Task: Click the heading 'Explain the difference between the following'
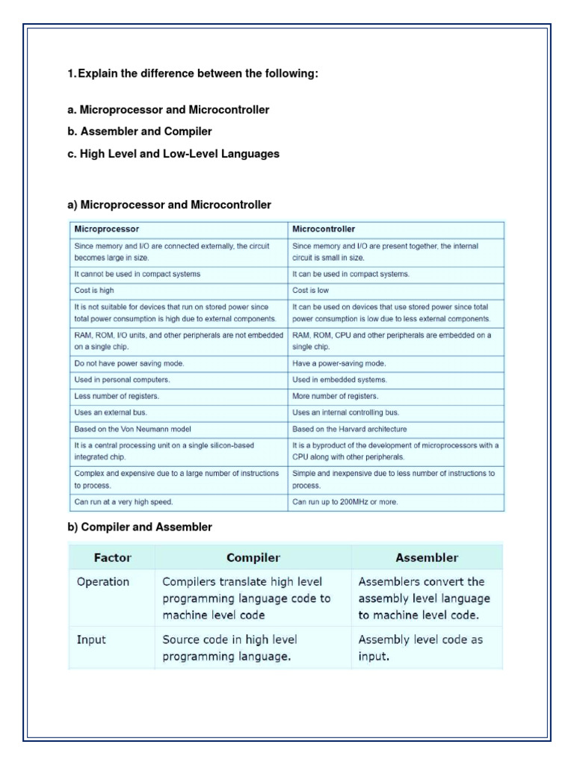pos(198,73)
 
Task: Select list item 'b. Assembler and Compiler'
pos(140,131)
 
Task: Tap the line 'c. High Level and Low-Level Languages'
pos(173,154)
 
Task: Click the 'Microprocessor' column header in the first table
pos(106,229)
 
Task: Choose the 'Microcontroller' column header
pos(324,229)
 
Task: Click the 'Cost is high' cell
pos(94,290)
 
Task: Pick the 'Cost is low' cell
pos(310,290)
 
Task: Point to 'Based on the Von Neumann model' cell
pos(132,429)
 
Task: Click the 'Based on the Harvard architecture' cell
pos(350,429)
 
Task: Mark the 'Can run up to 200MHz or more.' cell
pos(345,502)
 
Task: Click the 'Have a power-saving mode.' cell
pos(329,363)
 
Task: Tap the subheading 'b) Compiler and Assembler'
pos(140,527)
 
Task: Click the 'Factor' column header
pos(112,557)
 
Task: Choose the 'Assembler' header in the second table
pos(428,557)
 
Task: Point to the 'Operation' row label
pos(103,582)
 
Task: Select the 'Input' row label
pos(92,640)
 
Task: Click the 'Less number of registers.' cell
pos(117,396)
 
